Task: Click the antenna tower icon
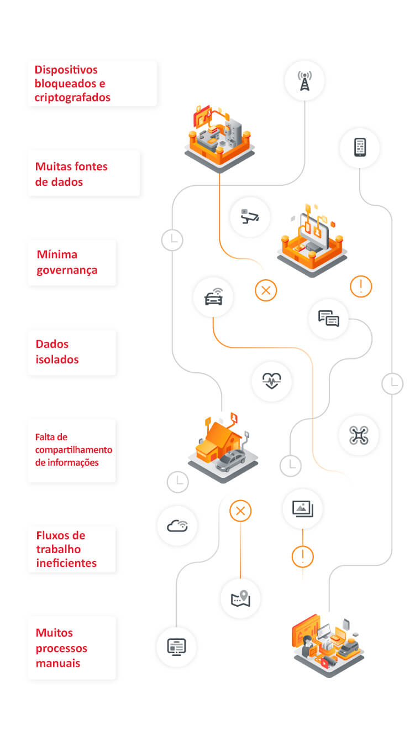point(304,81)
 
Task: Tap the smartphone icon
point(360,147)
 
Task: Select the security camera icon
point(250,216)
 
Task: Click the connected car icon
point(213,298)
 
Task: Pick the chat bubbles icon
point(328,319)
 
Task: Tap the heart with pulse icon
point(271,381)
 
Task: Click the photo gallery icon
point(302,508)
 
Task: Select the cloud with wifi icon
point(177,525)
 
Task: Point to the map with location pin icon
point(240,598)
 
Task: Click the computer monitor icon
point(176,646)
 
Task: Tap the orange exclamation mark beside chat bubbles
point(361,286)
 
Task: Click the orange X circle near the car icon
point(266,290)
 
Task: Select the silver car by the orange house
point(230,460)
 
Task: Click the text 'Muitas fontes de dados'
point(71,174)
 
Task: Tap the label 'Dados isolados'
point(57,352)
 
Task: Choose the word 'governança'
point(67,270)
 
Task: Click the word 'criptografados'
point(72,97)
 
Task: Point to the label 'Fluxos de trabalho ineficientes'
point(66,549)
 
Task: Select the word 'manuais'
point(58,662)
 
